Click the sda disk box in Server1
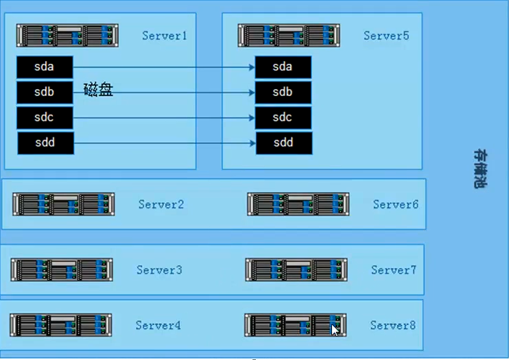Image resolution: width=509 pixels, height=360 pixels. pyautogui.click(x=45, y=67)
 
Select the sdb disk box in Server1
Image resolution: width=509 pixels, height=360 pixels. pyautogui.click(x=45, y=93)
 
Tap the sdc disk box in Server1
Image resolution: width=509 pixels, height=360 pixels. pyautogui.click(x=45, y=118)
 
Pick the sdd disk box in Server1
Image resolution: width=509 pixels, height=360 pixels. pyautogui.click(x=45, y=143)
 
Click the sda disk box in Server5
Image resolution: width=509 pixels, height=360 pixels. pyautogui.click(x=283, y=67)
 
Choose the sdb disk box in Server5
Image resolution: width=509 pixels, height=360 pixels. pyautogui.click(x=283, y=93)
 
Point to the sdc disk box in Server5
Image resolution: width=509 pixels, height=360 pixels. pyautogui.click(x=283, y=118)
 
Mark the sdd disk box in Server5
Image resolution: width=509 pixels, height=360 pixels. pyautogui.click(x=283, y=143)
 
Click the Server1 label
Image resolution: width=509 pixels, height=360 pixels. pyautogui.click(x=165, y=36)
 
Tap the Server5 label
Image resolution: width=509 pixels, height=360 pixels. pyautogui.click(x=386, y=36)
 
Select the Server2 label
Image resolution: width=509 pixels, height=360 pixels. pyautogui.click(x=161, y=204)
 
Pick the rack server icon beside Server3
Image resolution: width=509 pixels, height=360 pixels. pyautogui.click(x=62, y=269)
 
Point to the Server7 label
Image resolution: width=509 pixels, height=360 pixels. pyautogui.click(x=394, y=270)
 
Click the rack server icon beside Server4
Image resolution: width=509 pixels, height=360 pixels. pyautogui.click(x=61, y=324)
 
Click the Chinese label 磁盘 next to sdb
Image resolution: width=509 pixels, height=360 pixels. pyautogui.click(x=98, y=90)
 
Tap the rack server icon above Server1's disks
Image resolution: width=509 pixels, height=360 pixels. pyautogui.click(x=68, y=36)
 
